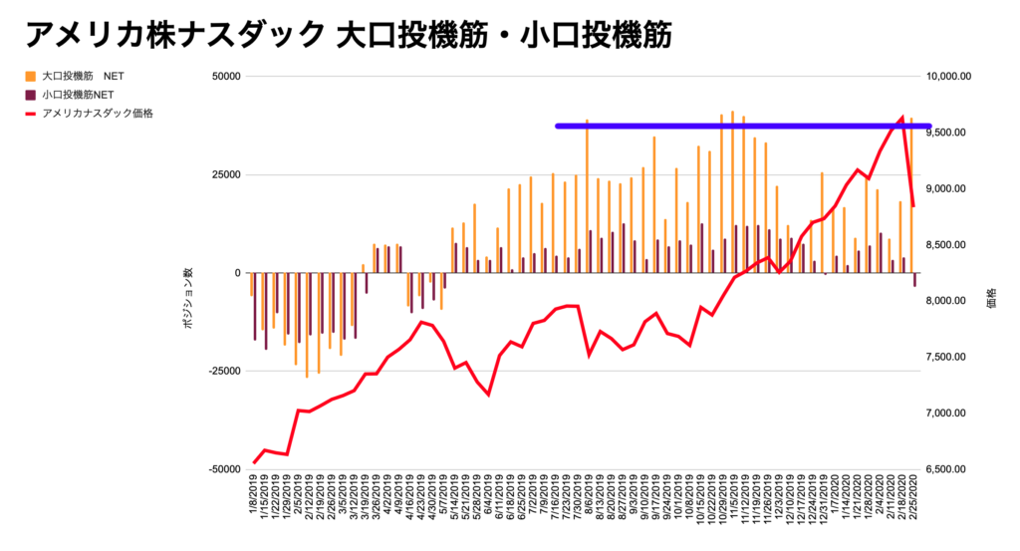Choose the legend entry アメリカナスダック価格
(98, 114)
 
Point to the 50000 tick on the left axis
(226, 77)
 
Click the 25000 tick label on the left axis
(226, 174)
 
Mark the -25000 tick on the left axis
(224, 371)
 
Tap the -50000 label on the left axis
(224, 468)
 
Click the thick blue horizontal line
(742, 126)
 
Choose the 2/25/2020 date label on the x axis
(913, 504)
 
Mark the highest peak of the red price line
(902, 118)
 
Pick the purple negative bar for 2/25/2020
(915, 280)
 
